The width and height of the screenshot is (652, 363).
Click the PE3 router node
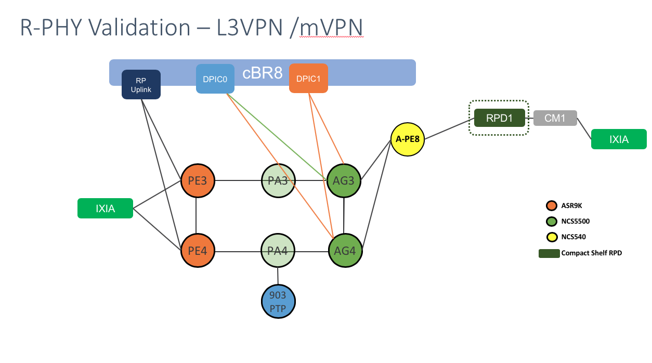click(198, 181)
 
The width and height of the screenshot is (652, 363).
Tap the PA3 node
click(278, 181)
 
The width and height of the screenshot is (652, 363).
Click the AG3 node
click(345, 181)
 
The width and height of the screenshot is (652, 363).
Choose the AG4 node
click(345, 251)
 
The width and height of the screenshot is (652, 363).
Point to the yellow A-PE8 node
click(407, 139)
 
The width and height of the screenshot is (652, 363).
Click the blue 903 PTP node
click(278, 301)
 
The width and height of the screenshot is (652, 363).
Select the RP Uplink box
click(141, 85)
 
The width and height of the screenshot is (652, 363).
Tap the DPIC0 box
click(215, 79)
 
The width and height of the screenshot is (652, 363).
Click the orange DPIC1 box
click(308, 79)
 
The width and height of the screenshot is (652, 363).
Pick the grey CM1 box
click(555, 118)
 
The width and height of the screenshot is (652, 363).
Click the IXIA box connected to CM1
click(619, 139)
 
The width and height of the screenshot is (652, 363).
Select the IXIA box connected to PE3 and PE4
click(105, 209)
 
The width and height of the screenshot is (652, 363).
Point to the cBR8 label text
click(263, 73)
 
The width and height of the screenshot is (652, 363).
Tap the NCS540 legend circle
click(551, 237)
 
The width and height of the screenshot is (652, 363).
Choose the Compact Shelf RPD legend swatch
click(549, 253)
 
